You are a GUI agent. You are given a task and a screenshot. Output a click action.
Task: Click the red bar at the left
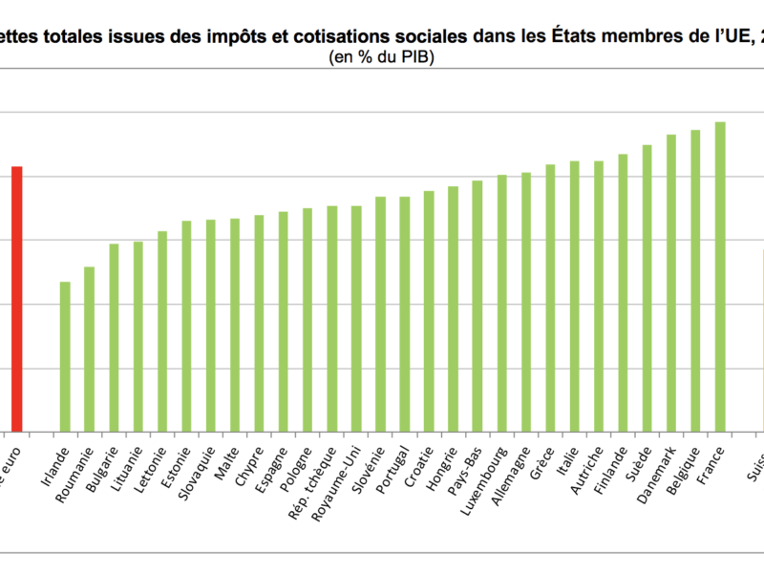coord(17,299)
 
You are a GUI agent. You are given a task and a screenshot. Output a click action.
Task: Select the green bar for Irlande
coord(65,357)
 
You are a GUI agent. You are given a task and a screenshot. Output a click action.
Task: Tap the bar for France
coord(720,277)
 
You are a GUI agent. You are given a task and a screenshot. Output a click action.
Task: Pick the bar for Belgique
coord(696,281)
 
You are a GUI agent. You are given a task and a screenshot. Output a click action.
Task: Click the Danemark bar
coord(671,284)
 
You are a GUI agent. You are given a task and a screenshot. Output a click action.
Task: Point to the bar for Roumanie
coord(90,350)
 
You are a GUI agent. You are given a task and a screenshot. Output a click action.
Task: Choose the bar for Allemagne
coord(526,303)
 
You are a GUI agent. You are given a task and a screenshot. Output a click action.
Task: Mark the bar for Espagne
coord(284,322)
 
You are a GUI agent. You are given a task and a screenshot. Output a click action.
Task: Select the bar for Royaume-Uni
coord(356,319)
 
